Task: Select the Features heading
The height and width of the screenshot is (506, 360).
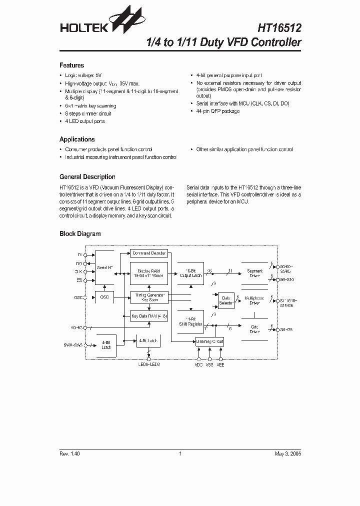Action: click(x=71, y=65)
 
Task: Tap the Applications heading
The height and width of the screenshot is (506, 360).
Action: click(x=77, y=139)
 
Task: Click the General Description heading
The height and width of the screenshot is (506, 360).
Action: click(x=87, y=177)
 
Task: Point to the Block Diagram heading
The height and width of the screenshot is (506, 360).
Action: click(x=80, y=234)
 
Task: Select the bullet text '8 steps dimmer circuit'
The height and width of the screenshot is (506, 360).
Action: click(x=88, y=113)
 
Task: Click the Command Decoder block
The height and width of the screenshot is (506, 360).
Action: click(x=148, y=253)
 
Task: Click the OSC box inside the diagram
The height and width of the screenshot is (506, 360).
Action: click(x=104, y=297)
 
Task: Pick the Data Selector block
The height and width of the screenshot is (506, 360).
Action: click(x=226, y=300)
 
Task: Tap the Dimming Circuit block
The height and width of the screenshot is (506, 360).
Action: click(x=209, y=341)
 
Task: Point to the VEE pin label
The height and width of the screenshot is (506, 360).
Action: click(x=220, y=365)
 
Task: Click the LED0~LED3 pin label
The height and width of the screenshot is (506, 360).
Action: click(x=149, y=365)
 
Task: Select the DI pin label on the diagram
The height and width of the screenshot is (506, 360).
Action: click(x=79, y=254)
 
